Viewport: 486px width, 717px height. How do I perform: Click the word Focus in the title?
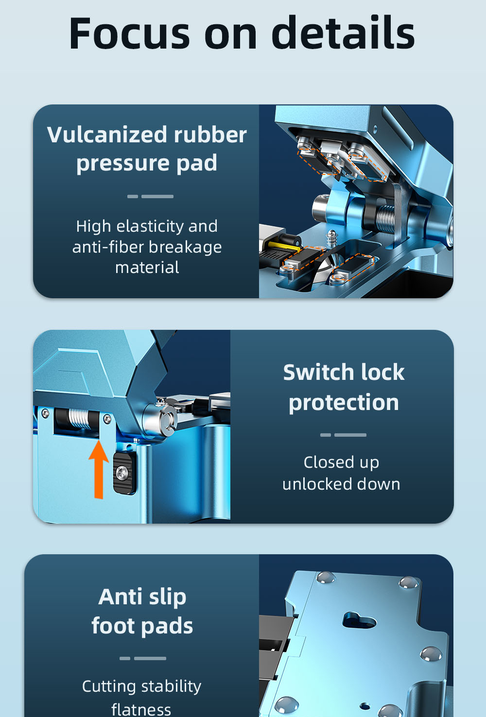pos(130,34)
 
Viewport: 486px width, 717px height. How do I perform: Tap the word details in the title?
pos(343,33)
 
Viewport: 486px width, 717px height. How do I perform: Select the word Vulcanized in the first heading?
pos(104,135)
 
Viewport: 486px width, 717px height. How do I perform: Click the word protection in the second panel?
pos(344,403)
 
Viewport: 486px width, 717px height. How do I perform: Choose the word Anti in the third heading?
pos(120,597)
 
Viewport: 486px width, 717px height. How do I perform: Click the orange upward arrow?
pos(99,469)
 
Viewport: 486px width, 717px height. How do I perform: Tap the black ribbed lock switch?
pos(124,473)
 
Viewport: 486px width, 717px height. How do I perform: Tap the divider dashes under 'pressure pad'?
pos(151,196)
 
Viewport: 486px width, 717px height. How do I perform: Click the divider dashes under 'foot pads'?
pos(143,658)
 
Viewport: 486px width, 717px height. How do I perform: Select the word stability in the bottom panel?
pos(171,686)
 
